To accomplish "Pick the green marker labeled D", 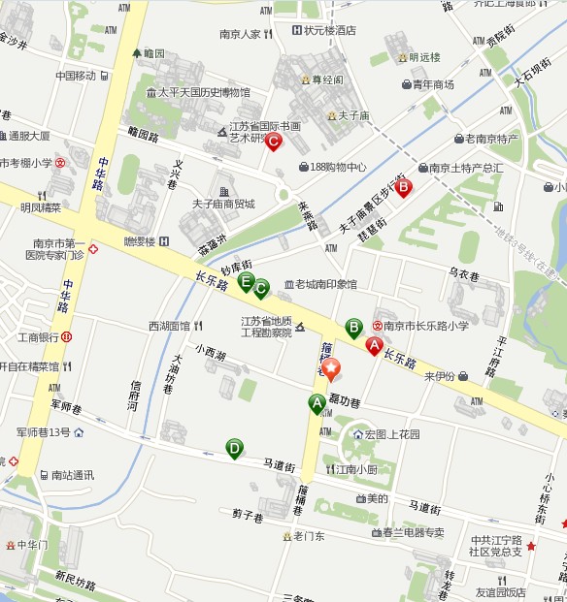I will (x=234, y=448).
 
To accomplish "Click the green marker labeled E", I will (x=247, y=282).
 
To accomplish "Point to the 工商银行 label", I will (x=39, y=337).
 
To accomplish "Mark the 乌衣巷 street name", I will (x=464, y=275).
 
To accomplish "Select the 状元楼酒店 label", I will (x=329, y=31).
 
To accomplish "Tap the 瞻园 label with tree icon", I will (x=153, y=54).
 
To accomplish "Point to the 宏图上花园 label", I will (x=392, y=434).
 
